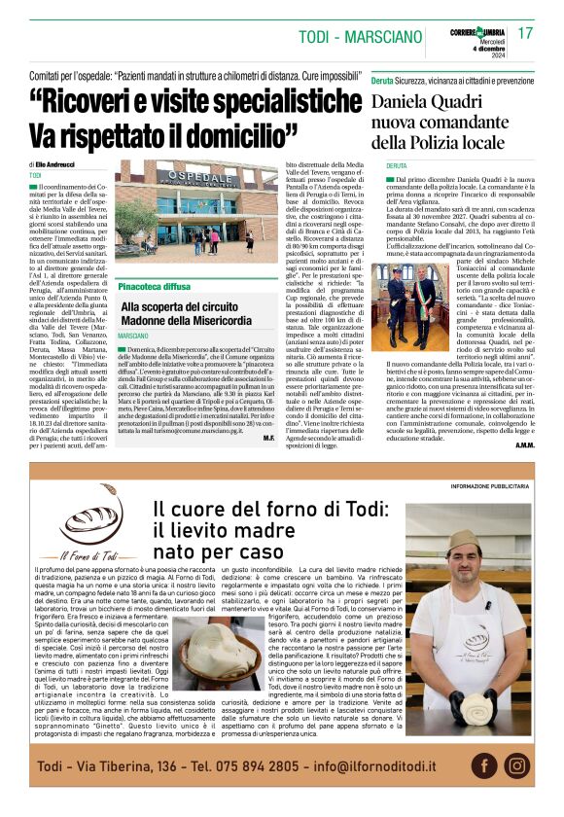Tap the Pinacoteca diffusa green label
coord(155,288)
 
